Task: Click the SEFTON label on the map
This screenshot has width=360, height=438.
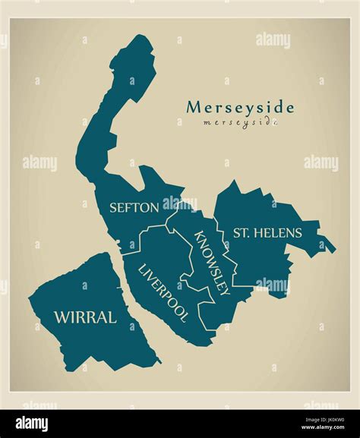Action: (x=134, y=206)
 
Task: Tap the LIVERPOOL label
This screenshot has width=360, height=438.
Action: (x=163, y=293)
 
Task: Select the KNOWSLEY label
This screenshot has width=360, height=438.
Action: (x=212, y=262)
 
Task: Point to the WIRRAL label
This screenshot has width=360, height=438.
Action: (x=84, y=317)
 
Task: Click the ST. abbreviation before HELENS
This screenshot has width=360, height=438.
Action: (x=242, y=232)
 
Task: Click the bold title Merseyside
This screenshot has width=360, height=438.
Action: (x=239, y=107)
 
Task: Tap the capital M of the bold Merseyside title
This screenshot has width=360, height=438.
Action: (x=194, y=107)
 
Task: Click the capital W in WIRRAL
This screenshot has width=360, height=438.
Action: (x=62, y=317)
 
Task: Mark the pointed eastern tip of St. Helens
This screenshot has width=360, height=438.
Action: (x=333, y=247)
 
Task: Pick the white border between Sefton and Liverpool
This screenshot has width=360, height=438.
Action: (x=152, y=229)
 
